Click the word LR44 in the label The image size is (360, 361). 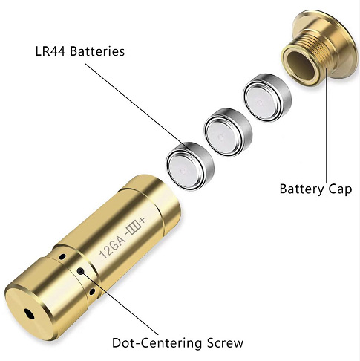pyautogui.click(x=50, y=51)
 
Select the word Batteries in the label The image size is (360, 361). pyautogui.click(x=97, y=51)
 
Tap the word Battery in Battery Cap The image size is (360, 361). pyautogui.click(x=301, y=189)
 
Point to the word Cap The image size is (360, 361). pyautogui.click(x=340, y=189)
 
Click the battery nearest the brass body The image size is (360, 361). pyautogui.click(x=189, y=166)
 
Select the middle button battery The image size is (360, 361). pyautogui.click(x=228, y=132)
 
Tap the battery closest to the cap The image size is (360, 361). pyautogui.click(x=267, y=97)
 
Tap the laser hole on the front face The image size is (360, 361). pyautogui.click(x=30, y=314)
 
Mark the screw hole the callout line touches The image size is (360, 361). pyautogui.click(x=80, y=271)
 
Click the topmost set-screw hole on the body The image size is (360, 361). pyautogui.click(x=62, y=256)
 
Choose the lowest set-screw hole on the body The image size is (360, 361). pyautogui.click(x=92, y=292)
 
